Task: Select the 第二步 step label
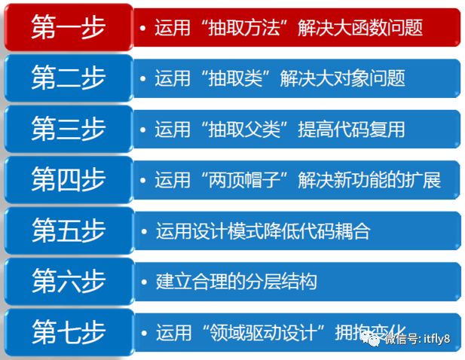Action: [x=68, y=78]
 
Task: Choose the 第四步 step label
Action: [x=68, y=179]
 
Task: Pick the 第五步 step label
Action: [x=68, y=230]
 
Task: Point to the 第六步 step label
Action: [x=68, y=281]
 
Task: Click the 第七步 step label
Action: [x=68, y=331]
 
